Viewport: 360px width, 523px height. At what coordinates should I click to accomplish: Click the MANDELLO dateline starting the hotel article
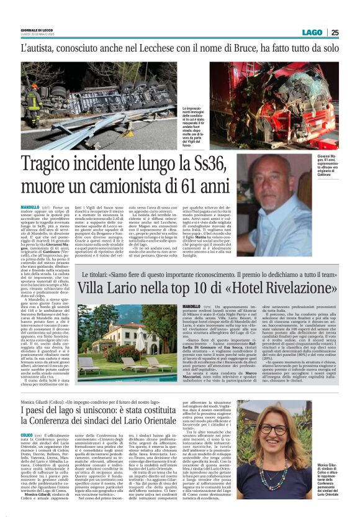pos(192,306)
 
